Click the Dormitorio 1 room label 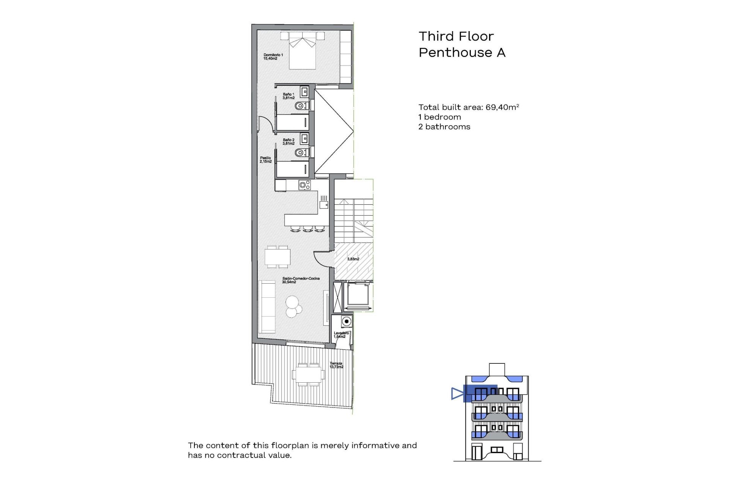point(273,57)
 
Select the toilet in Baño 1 point(301,106)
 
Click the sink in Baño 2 point(304,139)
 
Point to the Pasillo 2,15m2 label point(265,159)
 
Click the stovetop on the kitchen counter point(305,185)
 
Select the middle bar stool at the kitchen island point(307,229)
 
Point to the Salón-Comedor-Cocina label point(300,280)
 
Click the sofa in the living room point(267,306)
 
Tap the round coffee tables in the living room point(293,306)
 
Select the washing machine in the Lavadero point(346,321)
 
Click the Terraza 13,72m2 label point(336,365)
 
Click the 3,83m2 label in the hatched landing point(353,259)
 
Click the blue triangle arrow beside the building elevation point(457,393)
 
